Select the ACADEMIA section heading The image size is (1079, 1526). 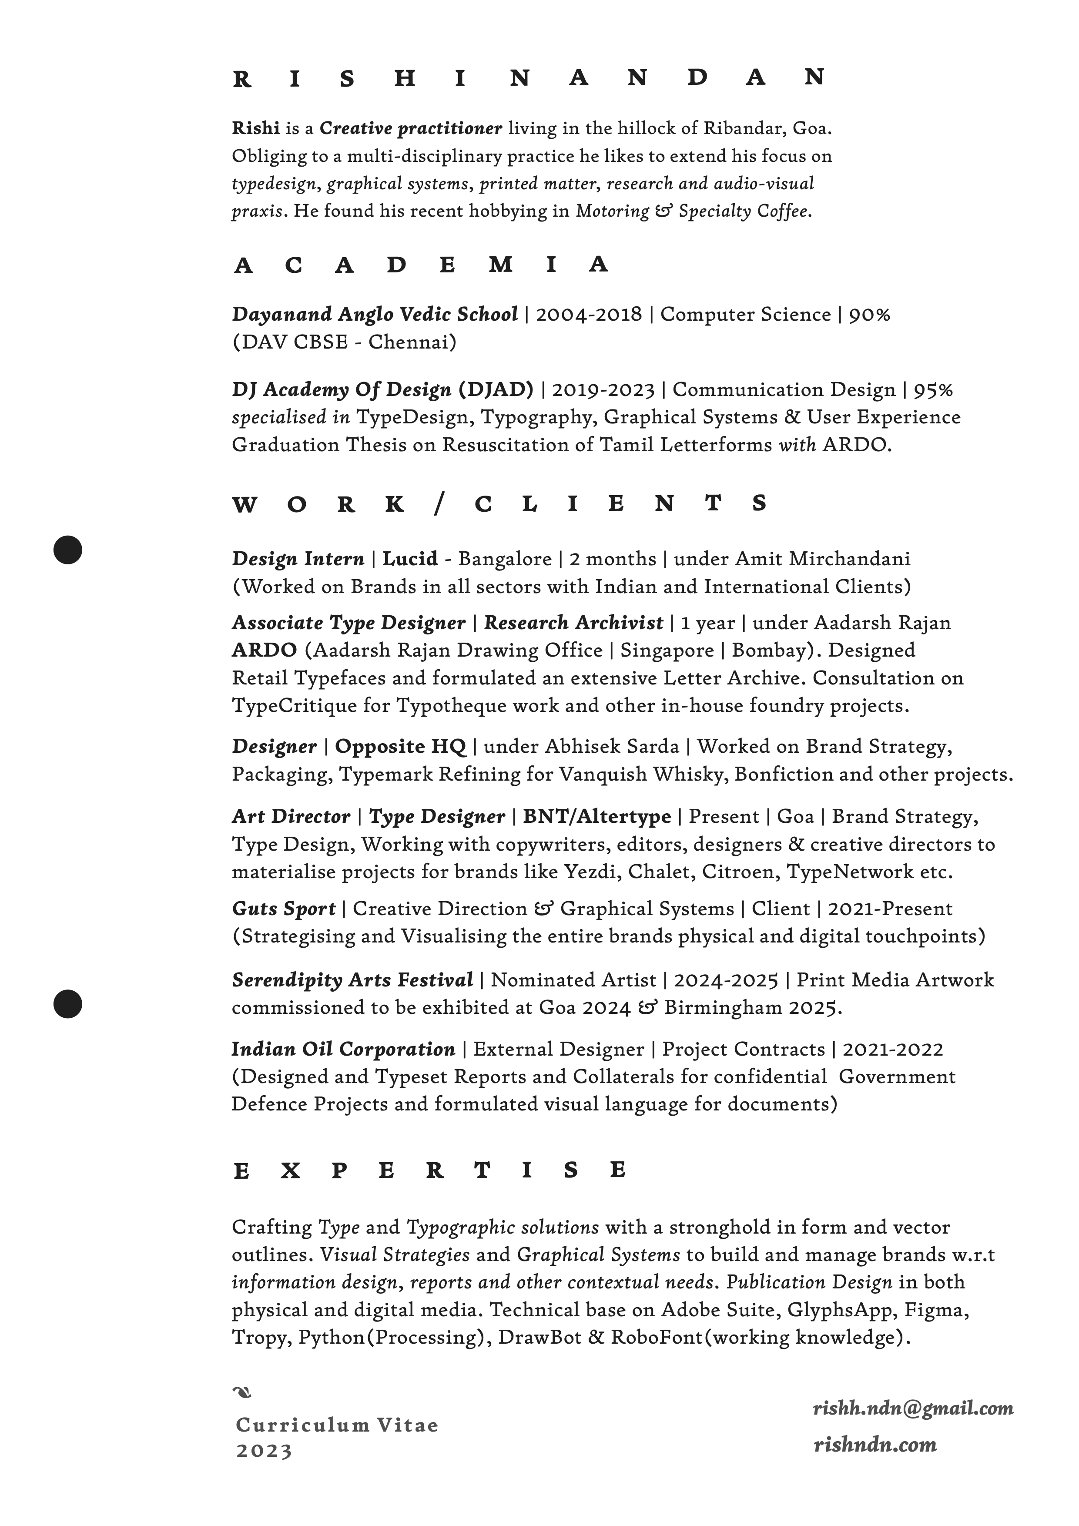tap(421, 265)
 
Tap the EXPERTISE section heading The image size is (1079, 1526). tap(429, 1170)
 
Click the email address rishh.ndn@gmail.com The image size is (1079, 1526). tap(913, 1408)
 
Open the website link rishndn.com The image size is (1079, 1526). tap(875, 1444)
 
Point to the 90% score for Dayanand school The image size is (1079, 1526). tap(869, 314)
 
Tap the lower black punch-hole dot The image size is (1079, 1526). tap(68, 1003)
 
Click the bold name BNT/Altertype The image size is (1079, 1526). tap(596, 816)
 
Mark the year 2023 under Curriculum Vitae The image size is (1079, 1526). tap(264, 1451)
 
